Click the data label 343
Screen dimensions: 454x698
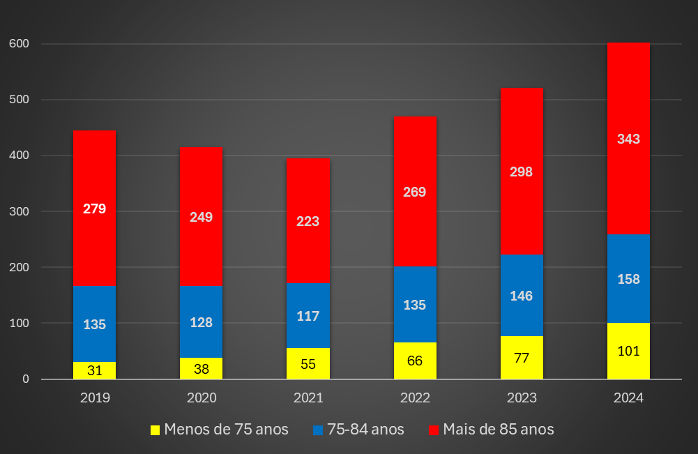(x=628, y=139)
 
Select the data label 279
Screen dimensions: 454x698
(x=94, y=209)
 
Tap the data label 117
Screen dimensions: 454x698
(x=308, y=316)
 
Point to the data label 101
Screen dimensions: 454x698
(x=628, y=351)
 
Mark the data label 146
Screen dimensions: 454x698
(x=522, y=296)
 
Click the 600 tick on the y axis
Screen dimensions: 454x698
(x=20, y=44)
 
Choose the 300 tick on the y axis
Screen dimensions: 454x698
(x=20, y=211)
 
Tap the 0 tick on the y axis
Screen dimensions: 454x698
(x=26, y=379)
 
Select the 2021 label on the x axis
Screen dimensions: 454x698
(x=308, y=398)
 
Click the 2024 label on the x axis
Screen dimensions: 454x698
(x=628, y=398)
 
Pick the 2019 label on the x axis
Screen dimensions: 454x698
(x=94, y=398)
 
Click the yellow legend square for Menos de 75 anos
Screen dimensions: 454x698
(x=155, y=430)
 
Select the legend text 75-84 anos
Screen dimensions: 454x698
(x=366, y=430)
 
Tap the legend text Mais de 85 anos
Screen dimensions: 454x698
(x=499, y=430)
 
